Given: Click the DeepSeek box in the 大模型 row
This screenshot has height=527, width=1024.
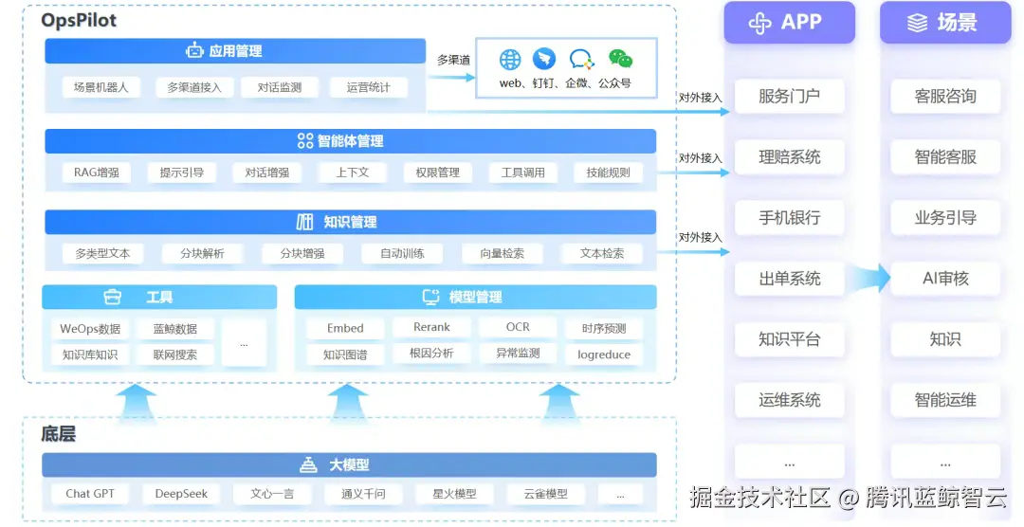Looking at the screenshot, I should point(181,494).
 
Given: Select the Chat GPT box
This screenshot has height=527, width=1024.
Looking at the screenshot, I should point(90,494).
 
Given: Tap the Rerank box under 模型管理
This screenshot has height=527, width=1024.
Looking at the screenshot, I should point(431,328).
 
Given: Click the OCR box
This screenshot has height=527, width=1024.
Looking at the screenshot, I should point(518,328).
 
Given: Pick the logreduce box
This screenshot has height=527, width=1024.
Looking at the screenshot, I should point(604,354).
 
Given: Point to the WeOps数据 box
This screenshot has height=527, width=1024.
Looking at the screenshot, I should point(90,329).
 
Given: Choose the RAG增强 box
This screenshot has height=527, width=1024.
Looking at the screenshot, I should point(97,173).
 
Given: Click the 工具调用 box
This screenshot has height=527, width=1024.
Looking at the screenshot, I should point(523,173).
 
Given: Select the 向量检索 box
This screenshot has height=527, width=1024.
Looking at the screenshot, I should point(502,254).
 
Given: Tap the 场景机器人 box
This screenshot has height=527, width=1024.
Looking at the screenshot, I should point(101,87).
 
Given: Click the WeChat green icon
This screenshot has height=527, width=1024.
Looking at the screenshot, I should point(620,60).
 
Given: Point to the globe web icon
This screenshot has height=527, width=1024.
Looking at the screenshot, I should point(510,60).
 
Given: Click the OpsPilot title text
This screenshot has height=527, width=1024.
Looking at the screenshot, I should point(79,20).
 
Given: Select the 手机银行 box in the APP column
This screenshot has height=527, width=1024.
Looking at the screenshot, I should point(789,218).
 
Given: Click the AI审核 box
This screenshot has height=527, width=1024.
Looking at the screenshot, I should point(945,279).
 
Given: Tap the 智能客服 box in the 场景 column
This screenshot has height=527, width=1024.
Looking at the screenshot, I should point(945,157).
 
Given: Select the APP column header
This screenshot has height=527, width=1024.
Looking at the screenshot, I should point(789,23).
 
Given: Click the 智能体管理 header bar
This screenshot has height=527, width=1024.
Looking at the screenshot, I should point(350,141).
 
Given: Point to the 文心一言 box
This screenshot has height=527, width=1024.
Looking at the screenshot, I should point(271,494).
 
